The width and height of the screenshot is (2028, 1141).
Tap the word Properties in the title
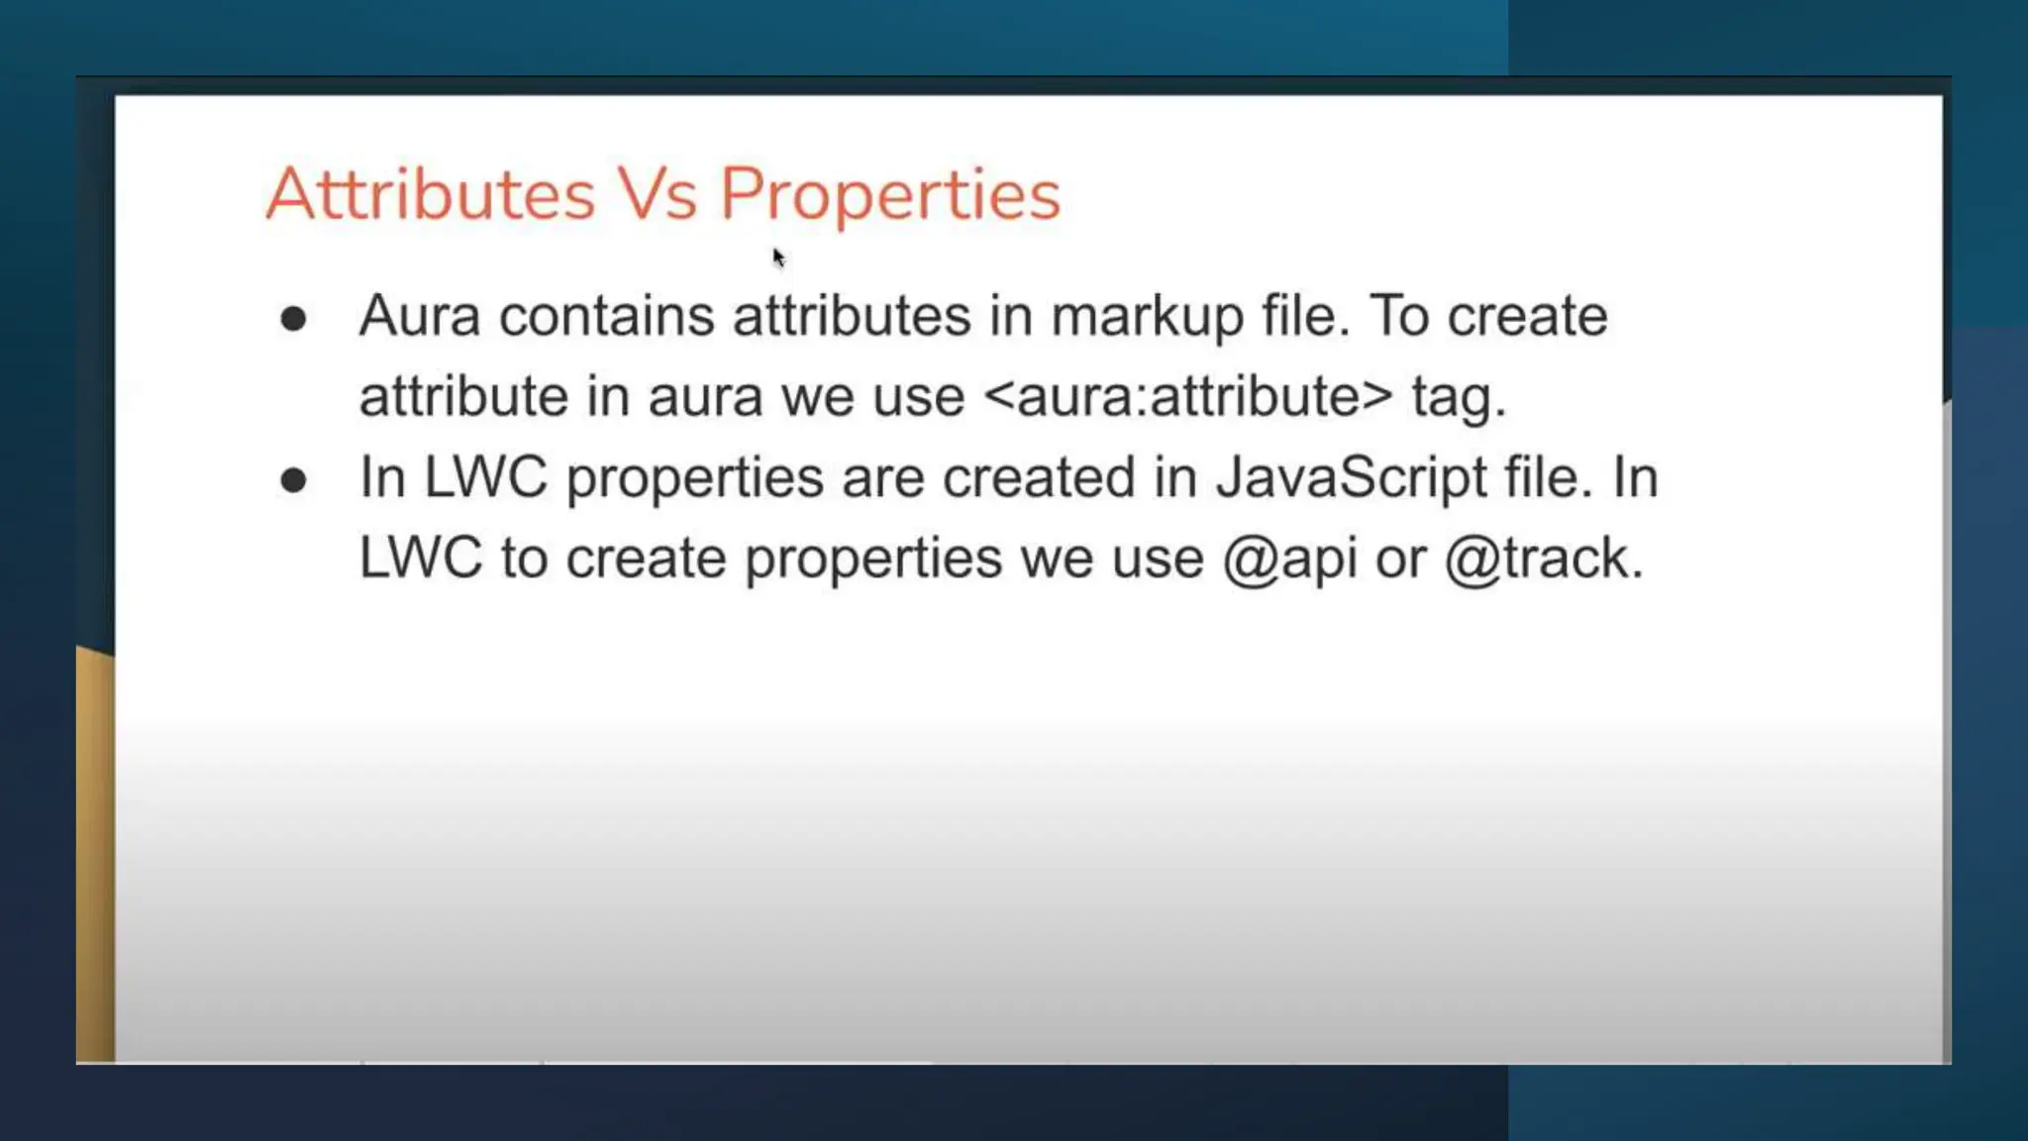pyautogui.click(x=889, y=195)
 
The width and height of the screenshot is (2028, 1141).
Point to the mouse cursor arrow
pyautogui.click(x=778, y=258)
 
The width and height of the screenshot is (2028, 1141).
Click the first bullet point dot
pyautogui.click(x=293, y=319)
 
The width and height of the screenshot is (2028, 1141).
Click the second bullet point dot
pyautogui.click(x=293, y=480)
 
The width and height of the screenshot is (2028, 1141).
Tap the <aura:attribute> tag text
pyautogui.click(x=1188, y=397)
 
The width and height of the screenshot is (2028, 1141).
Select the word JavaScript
pyautogui.click(x=1351, y=478)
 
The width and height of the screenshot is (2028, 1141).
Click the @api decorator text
pyautogui.click(x=1289, y=560)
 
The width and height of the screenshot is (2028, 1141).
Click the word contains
pyautogui.click(x=606, y=317)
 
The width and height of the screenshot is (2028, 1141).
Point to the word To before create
pyautogui.click(x=1399, y=317)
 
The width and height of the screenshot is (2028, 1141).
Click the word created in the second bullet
pyautogui.click(x=1038, y=478)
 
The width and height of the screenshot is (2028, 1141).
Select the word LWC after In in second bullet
pyautogui.click(x=485, y=478)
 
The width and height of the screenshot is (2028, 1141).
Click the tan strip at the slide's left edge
pyautogui.click(x=95, y=852)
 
